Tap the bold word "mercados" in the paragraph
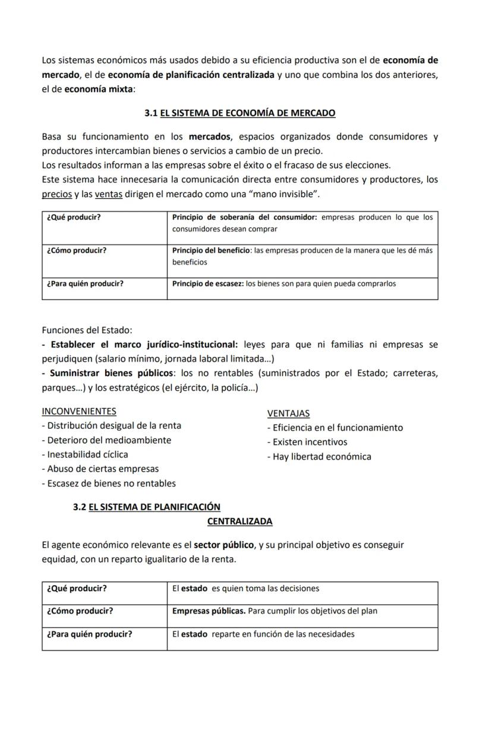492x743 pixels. pyautogui.click(x=210, y=137)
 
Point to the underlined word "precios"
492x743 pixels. pyautogui.click(x=56, y=194)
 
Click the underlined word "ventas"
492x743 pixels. pyautogui.click(x=108, y=194)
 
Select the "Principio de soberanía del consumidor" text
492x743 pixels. pyautogui.click(x=245, y=217)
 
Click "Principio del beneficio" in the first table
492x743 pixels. pyautogui.click(x=211, y=251)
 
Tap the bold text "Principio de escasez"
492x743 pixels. pyautogui.click(x=207, y=284)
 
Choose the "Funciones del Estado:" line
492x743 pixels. pyautogui.click(x=87, y=330)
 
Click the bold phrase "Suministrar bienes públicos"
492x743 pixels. pyautogui.click(x=112, y=373)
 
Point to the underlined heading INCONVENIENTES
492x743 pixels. pyautogui.click(x=79, y=411)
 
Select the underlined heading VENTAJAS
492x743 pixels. pyautogui.click(x=288, y=413)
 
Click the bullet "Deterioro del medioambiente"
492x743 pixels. pyautogui.click(x=106, y=440)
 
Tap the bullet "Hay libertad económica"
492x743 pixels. pyautogui.click(x=319, y=457)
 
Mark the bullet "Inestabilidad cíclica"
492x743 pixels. pyautogui.click(x=85, y=454)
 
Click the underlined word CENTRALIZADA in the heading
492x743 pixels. pyautogui.click(x=239, y=521)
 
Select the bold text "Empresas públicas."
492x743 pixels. pyautogui.click(x=209, y=611)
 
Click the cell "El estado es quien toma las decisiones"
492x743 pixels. pyautogui.click(x=245, y=589)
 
